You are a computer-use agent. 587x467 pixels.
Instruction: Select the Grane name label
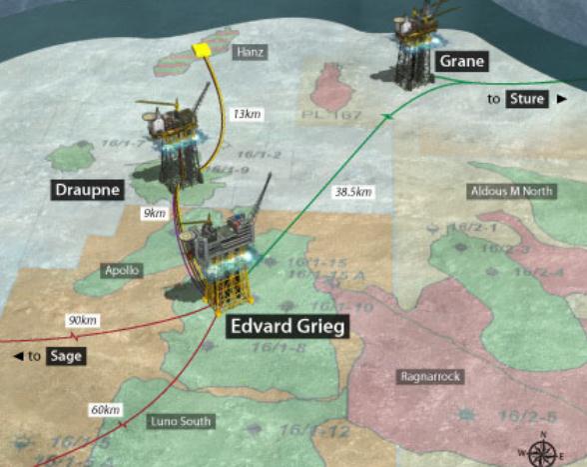point(460,62)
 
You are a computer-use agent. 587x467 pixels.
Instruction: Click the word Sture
point(526,99)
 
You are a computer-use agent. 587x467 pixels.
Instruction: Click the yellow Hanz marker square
point(205,49)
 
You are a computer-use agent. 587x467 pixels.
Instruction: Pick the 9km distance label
point(155,214)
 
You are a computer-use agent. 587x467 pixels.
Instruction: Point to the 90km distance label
point(82,320)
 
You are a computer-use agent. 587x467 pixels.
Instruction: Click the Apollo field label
point(124,270)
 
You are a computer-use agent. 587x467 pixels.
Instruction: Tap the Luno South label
point(180,421)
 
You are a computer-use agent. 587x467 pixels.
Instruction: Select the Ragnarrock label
point(428,377)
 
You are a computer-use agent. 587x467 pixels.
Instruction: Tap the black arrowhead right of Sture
point(562,99)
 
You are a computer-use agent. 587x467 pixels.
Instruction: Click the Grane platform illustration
point(412,45)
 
